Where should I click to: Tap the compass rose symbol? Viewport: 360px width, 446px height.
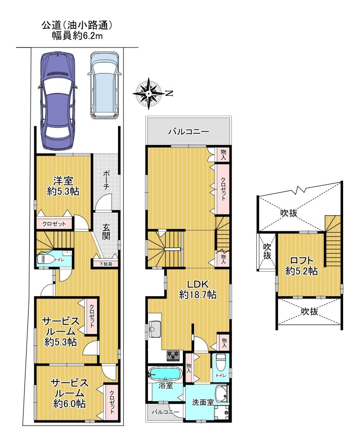[x=148, y=93]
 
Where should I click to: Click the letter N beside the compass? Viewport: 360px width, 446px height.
[x=169, y=93]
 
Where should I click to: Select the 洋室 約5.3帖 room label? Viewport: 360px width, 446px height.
[x=63, y=186]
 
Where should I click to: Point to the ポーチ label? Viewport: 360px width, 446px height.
[x=107, y=180]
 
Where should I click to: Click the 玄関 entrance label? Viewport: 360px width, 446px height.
[x=106, y=232]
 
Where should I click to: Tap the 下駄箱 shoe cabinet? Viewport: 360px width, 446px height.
[x=106, y=264]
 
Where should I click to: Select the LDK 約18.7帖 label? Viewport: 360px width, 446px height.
[x=198, y=289]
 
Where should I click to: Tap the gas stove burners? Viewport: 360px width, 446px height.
[x=173, y=355]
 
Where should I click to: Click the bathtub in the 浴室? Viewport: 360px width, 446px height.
[x=165, y=373]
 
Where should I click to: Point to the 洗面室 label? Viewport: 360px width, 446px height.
[x=203, y=402]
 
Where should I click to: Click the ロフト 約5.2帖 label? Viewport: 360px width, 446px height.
[x=301, y=266]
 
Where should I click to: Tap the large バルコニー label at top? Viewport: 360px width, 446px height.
[x=188, y=132]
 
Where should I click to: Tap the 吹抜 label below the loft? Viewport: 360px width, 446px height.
[x=310, y=311]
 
